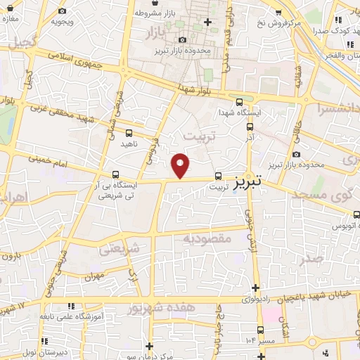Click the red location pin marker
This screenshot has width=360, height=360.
coord(181,165)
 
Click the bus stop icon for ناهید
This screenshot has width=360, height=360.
coord(129,132)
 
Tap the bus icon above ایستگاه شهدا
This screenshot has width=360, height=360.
coord(240,101)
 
